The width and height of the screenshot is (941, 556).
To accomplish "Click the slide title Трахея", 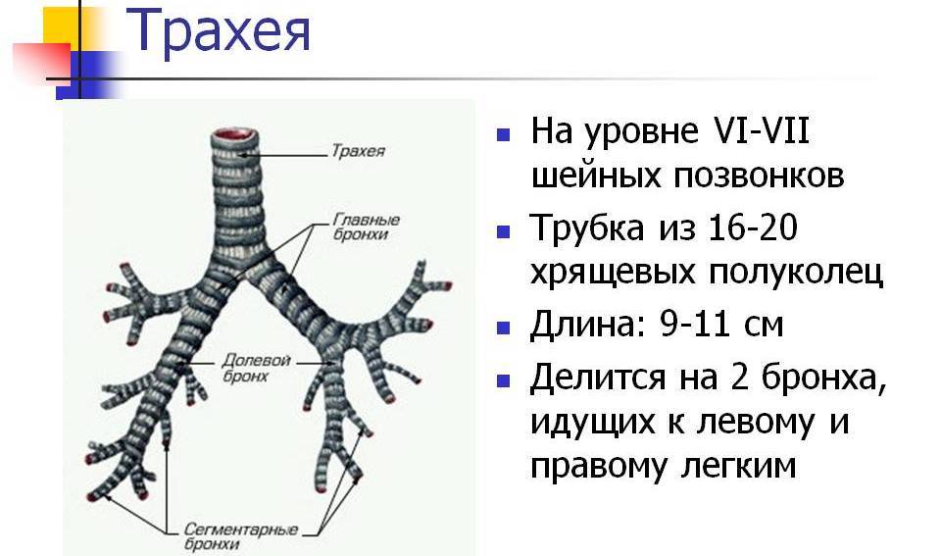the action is (219, 31).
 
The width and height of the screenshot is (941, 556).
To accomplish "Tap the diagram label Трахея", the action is (359, 150).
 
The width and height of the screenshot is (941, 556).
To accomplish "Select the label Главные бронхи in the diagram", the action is (366, 227).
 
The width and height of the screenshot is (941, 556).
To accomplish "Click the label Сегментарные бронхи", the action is (241, 536).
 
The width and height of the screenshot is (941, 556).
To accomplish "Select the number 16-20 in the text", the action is (753, 227).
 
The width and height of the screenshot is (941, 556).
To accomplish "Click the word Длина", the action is (590, 326).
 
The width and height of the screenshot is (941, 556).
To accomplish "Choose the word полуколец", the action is (796, 274).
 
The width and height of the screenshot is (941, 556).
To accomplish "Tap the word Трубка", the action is (588, 228).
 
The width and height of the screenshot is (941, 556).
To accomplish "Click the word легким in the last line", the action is (738, 467).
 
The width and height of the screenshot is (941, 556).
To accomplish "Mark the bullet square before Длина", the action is (504, 328).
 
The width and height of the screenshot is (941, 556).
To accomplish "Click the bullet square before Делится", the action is (504, 380).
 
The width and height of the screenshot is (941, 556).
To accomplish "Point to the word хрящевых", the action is (613, 275).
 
